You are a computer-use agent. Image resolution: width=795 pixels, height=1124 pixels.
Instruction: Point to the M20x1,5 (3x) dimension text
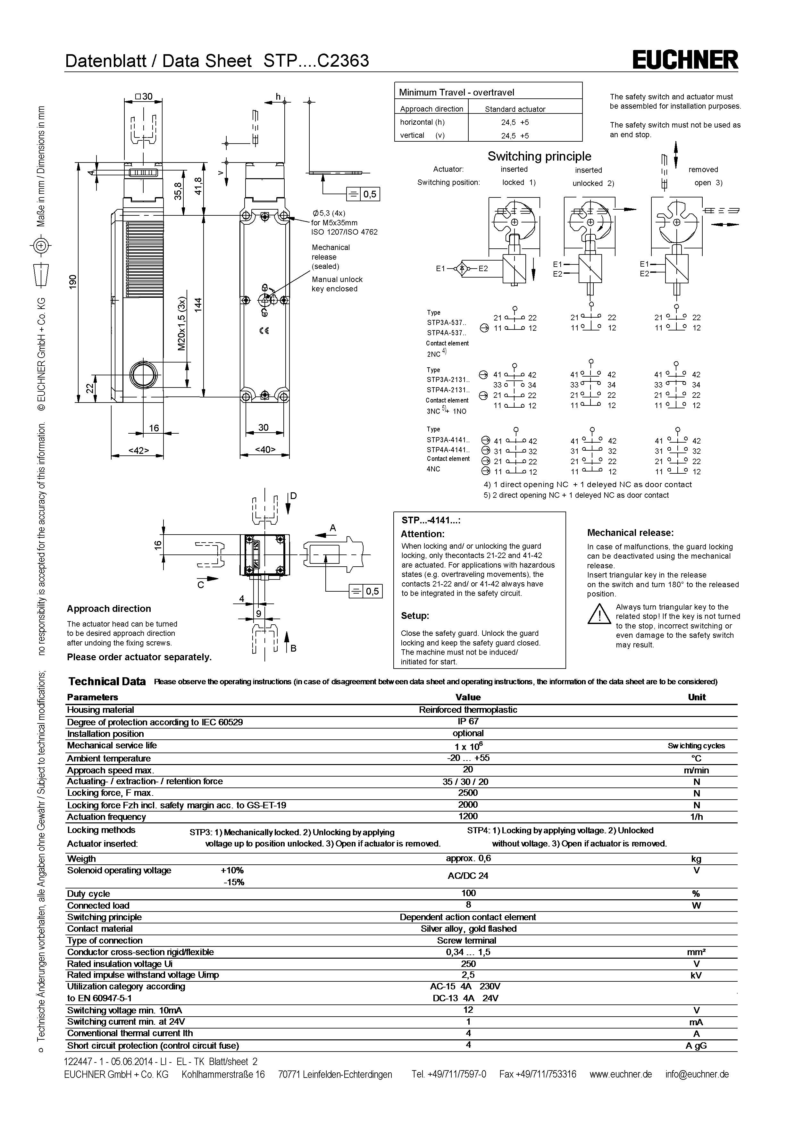pyautogui.click(x=182, y=323)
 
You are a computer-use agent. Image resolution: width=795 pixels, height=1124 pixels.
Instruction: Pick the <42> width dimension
pyautogui.click(x=138, y=450)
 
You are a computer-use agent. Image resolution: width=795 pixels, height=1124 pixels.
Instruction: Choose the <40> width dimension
pyautogui.click(x=265, y=449)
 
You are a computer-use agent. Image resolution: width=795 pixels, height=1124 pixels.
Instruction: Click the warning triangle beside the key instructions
pyautogui.click(x=598, y=614)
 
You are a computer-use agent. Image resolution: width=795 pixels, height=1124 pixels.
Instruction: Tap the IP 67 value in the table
pyautogui.click(x=468, y=721)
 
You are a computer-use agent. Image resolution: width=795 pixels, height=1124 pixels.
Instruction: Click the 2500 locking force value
pyautogui.click(x=468, y=793)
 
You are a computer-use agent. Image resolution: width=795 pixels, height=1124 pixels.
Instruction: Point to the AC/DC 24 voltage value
pyautogui.click(x=468, y=876)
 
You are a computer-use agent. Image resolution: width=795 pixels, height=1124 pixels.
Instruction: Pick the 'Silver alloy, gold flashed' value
pyautogui.click(x=468, y=929)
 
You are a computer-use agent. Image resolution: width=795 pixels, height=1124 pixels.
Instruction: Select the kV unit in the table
pyautogui.click(x=696, y=975)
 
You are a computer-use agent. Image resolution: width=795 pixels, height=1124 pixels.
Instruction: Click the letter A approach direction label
pyautogui.click(x=333, y=528)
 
